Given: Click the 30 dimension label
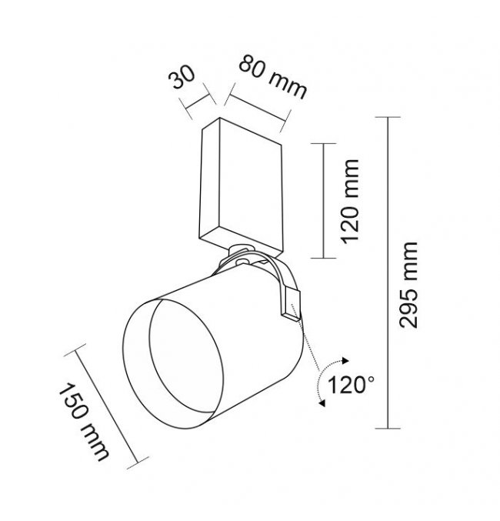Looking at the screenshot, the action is click(x=182, y=78).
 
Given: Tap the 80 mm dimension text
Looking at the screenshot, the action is click(x=273, y=77).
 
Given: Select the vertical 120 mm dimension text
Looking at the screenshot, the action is click(x=351, y=202).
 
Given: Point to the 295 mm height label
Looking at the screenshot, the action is click(x=408, y=285).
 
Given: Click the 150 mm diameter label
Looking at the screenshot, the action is click(x=84, y=422).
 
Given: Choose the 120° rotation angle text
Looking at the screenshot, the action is click(x=351, y=385).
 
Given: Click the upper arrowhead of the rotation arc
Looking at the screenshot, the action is click(x=345, y=360).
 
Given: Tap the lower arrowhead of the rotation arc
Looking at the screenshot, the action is click(x=322, y=403).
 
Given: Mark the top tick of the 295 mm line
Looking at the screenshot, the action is click(x=388, y=117).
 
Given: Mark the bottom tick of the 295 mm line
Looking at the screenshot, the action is click(x=388, y=429).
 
